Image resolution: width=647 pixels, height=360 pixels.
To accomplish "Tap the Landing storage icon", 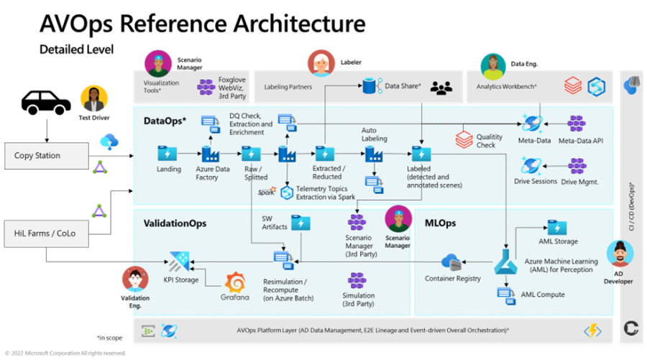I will click(168, 154).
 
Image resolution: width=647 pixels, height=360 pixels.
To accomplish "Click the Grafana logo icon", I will click(235, 283).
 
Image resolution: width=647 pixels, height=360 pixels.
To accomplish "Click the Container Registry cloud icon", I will click(451, 262).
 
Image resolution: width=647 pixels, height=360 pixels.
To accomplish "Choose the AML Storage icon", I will click(557, 228).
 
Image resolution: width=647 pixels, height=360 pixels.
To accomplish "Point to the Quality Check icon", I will click(464, 139).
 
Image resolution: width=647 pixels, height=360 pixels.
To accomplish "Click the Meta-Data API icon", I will click(577, 124).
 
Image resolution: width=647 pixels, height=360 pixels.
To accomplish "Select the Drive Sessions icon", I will click(533, 166).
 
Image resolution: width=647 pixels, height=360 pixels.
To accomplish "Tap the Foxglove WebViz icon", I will click(206, 87).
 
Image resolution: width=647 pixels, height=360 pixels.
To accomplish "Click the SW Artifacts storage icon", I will click(300, 223).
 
